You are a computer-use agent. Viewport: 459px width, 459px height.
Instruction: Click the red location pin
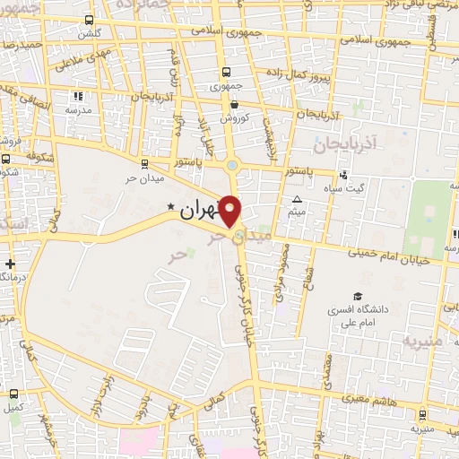[x=230, y=210]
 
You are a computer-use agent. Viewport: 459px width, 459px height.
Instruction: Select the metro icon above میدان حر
[x=145, y=163]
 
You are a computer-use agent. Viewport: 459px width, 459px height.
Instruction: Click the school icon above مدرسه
[x=78, y=96]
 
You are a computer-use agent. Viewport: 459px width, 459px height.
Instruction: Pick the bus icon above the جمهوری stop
[x=225, y=73]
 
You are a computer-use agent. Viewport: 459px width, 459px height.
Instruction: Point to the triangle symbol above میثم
[x=298, y=199]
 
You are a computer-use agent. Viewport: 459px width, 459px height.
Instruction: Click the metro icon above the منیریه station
[x=422, y=415]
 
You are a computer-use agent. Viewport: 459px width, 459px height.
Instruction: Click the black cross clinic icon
[x=10, y=264]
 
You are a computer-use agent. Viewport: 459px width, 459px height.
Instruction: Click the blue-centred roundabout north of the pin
[x=233, y=164]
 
